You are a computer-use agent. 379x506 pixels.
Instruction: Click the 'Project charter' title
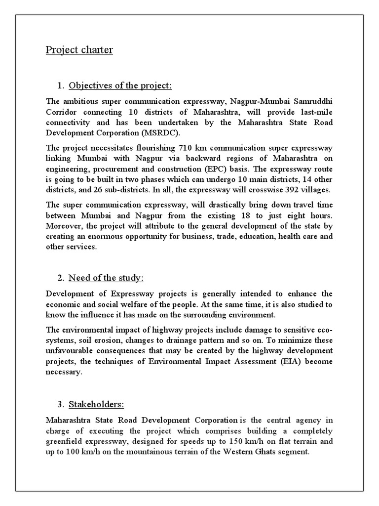click(x=79, y=50)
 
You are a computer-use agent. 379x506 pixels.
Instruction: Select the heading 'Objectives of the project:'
click(x=120, y=86)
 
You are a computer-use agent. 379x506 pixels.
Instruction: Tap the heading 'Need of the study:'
click(x=106, y=278)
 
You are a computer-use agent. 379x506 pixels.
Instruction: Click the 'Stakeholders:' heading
click(x=96, y=404)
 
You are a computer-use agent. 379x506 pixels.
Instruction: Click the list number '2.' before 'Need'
click(x=60, y=278)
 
